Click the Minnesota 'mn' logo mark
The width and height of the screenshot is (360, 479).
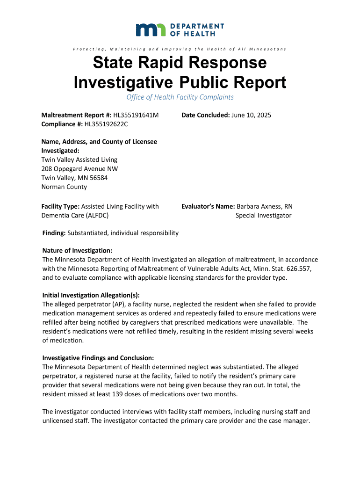(150, 30)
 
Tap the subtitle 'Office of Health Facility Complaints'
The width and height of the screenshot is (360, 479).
(180, 97)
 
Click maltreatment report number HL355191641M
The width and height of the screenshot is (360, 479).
(137, 115)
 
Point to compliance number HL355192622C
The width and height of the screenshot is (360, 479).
(106, 124)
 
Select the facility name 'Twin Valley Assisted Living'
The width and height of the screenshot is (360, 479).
(79, 160)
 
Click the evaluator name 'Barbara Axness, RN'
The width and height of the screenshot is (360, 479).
(265, 206)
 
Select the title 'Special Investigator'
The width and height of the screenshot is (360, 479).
(263, 215)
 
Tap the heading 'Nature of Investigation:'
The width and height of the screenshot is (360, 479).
(77, 251)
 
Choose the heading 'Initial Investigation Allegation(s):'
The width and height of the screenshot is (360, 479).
(91, 295)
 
